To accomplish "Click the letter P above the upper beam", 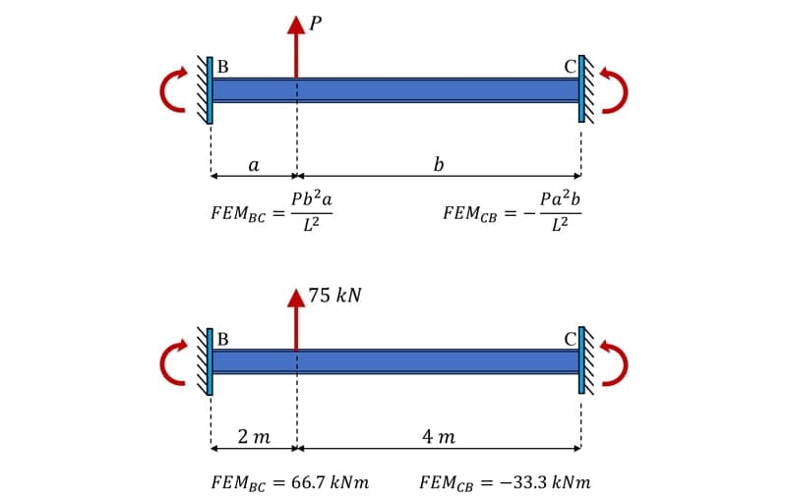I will (314, 21).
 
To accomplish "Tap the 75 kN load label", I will (334, 295).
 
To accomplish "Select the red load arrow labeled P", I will (296, 49).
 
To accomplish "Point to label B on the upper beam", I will (223, 68).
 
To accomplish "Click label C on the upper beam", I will (569, 68).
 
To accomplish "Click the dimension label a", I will (253, 165).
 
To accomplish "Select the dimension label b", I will (438, 164).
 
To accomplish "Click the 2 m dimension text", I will (254, 436).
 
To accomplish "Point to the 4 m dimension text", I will (438, 436).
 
